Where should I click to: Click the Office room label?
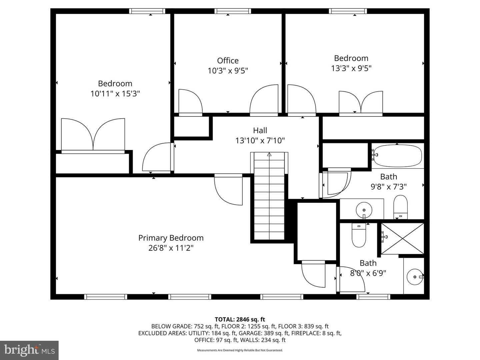click(228, 61)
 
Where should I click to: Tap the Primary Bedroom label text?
click(171, 238)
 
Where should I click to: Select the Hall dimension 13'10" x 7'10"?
click(260, 141)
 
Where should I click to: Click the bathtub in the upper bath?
click(397, 156)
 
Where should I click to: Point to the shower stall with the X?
click(403, 238)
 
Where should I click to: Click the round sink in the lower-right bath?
click(415, 277)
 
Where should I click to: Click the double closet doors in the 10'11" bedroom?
click(93, 135)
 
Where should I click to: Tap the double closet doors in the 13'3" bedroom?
click(361, 103)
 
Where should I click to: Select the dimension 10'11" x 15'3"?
click(115, 94)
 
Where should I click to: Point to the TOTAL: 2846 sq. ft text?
click(240, 319)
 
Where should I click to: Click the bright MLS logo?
click(29, 350)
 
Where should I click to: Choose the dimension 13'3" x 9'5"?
click(351, 68)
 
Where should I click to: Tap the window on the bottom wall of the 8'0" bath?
click(373, 297)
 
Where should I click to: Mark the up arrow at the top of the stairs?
click(269, 154)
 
